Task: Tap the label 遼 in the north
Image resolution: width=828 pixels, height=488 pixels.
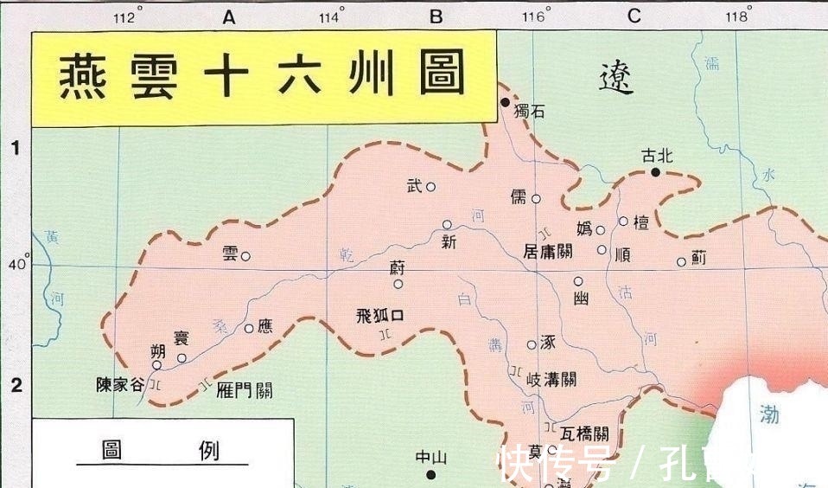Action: coord(616,79)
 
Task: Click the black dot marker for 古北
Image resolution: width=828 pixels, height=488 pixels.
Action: coord(656,172)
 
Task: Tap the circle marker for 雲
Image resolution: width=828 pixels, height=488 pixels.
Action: coord(245,256)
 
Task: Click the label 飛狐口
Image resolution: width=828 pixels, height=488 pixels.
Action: coord(380,316)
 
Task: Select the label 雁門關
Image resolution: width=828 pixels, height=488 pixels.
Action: coord(245,390)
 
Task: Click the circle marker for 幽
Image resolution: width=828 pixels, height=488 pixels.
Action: coord(578,281)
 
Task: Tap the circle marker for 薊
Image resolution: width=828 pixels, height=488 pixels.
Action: coord(681,262)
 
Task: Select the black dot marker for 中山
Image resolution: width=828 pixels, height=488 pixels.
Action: coord(431,474)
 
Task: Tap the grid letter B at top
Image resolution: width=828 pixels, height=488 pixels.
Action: coord(436,16)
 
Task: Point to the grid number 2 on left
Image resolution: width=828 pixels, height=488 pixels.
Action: coord(16,386)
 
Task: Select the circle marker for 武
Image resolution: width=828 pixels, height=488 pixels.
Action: coord(430,187)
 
